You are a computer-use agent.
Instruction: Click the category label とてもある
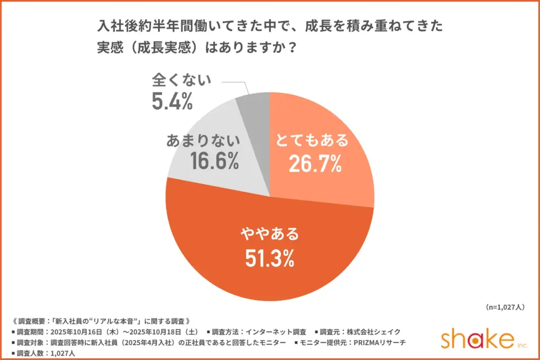coord(313,141)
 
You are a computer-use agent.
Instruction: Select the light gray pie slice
coord(221,153)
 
